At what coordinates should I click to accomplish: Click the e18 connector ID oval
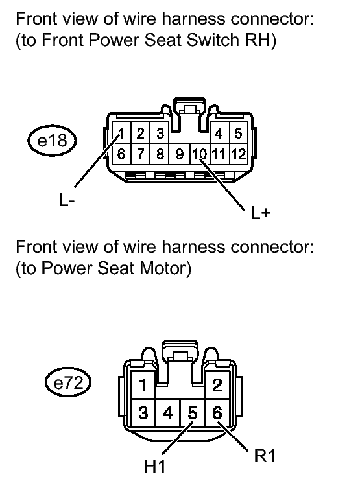click(x=52, y=141)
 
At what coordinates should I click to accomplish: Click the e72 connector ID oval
click(x=68, y=383)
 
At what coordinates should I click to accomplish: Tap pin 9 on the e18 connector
click(x=180, y=154)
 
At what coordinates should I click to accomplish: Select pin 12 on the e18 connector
click(x=239, y=154)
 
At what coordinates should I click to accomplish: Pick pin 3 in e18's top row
click(x=160, y=133)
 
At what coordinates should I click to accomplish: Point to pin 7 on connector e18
click(x=141, y=154)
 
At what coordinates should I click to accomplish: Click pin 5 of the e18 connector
click(x=238, y=133)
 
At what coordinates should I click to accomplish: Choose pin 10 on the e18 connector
click(x=200, y=154)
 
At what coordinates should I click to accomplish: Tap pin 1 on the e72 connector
click(x=143, y=385)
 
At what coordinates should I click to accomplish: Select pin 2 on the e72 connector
click(x=217, y=385)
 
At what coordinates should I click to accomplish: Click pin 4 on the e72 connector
click(x=167, y=412)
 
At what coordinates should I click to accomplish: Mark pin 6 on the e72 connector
click(x=217, y=412)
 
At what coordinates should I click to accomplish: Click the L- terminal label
click(x=67, y=200)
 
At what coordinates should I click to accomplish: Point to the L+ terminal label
click(x=260, y=213)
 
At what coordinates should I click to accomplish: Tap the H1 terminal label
click(x=154, y=466)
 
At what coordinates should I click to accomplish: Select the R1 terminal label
click(x=264, y=456)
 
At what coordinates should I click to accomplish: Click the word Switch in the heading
click(x=212, y=40)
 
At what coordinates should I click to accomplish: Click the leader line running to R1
click(x=233, y=436)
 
